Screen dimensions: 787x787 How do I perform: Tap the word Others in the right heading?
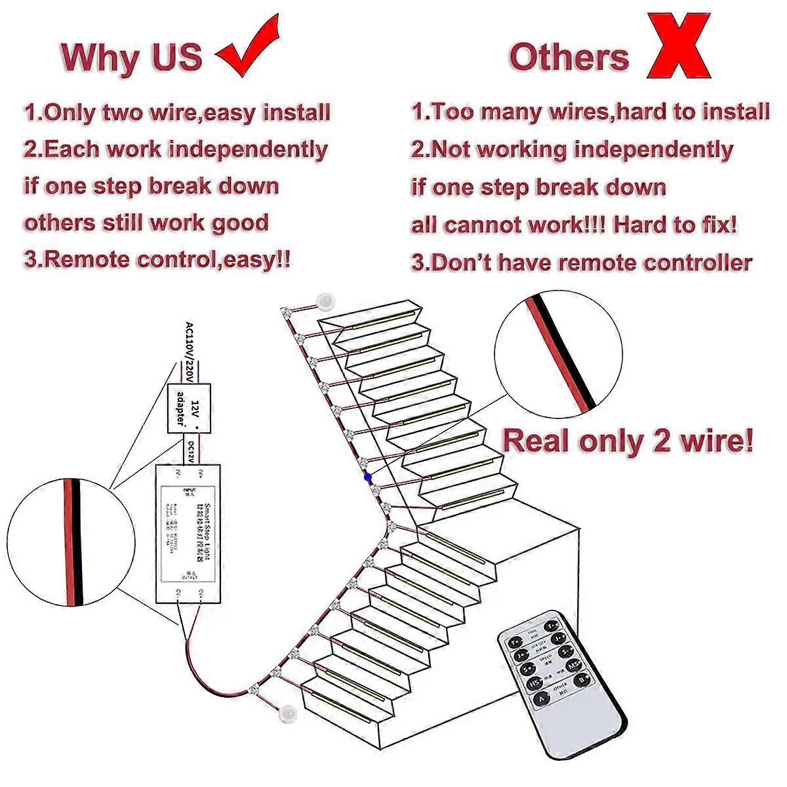pos(569,57)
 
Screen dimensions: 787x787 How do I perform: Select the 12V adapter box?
pos(190,407)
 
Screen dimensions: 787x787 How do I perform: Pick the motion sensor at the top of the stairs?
pos(324,301)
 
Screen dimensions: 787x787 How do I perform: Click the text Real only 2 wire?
pos(628,441)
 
